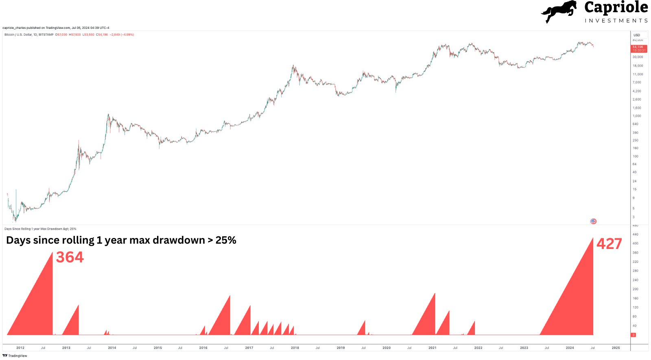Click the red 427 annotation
(609, 244)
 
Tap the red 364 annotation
(70, 257)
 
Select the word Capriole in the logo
(616, 7)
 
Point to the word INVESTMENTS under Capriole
(616, 21)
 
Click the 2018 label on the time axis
(295, 348)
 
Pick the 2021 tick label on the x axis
(432, 348)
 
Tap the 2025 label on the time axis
(616, 348)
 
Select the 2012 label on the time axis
(20, 348)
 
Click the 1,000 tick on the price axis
(637, 116)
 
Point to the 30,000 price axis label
(638, 57)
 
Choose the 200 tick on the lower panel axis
(635, 289)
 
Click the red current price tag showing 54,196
(638, 48)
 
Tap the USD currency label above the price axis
(637, 35)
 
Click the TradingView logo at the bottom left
(15, 356)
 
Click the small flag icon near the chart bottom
(593, 221)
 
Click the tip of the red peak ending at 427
(593, 238)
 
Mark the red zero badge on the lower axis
(633, 335)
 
